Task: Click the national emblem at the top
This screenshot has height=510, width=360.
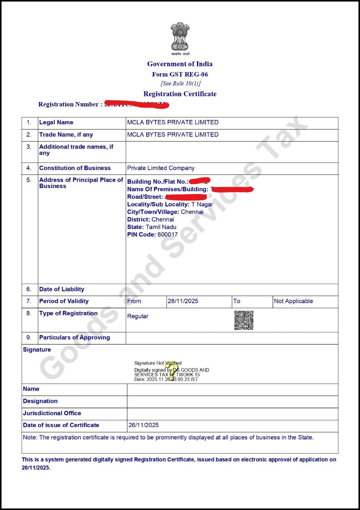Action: click(x=180, y=36)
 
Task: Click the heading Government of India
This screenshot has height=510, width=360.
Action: click(x=180, y=64)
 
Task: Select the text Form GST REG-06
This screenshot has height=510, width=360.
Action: click(x=180, y=75)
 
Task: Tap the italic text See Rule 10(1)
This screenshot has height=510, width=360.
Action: click(x=180, y=84)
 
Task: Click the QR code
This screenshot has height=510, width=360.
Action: click(x=244, y=320)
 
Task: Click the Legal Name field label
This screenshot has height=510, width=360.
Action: click(x=56, y=122)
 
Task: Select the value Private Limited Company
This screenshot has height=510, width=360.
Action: click(x=161, y=168)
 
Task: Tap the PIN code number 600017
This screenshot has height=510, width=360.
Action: click(x=168, y=235)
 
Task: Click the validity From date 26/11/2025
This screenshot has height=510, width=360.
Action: click(x=183, y=301)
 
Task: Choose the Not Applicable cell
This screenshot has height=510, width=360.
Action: click(x=293, y=301)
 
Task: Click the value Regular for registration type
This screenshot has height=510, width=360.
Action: click(x=138, y=316)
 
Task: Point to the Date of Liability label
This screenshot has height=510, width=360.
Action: click(x=62, y=289)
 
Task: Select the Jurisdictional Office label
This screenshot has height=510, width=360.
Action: click(x=52, y=413)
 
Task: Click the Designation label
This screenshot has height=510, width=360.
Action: click(x=40, y=401)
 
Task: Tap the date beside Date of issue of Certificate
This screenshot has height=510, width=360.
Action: click(x=144, y=425)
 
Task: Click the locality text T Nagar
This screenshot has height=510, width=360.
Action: click(x=202, y=204)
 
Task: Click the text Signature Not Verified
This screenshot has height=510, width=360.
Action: click(x=158, y=363)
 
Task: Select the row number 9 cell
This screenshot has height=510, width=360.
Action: click(x=29, y=337)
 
